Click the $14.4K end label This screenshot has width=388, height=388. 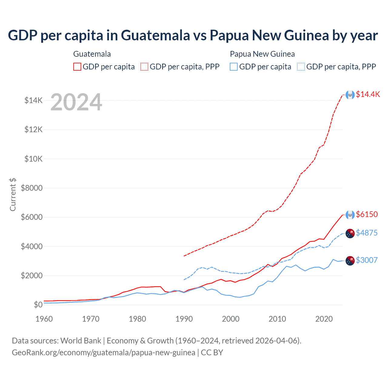368,94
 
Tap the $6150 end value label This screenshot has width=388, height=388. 367,214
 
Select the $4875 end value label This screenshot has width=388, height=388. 367,233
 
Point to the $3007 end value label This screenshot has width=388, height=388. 367,260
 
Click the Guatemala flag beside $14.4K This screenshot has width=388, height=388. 350,95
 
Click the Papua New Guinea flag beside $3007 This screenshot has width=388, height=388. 350,261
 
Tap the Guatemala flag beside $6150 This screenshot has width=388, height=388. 350,215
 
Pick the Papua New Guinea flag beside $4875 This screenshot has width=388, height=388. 350,233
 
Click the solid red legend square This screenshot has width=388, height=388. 77,67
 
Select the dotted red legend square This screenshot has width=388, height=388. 144,67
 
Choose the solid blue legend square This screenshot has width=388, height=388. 234,67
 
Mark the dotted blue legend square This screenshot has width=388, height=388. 301,67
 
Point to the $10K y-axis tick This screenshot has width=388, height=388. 33,159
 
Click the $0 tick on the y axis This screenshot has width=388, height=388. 38,305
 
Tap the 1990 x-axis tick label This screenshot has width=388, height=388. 184,319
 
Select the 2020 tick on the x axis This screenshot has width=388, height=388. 324,319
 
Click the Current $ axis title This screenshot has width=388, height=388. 13,194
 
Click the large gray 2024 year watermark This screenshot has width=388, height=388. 76,102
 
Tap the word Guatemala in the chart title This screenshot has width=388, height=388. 156,35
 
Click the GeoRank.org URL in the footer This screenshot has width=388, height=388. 103,353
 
